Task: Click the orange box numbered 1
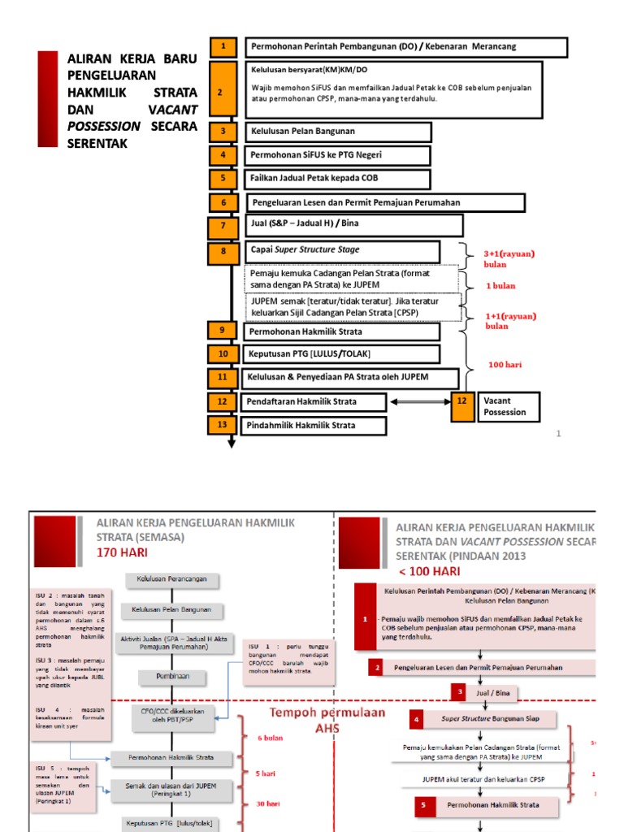(223, 46)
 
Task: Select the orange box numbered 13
(223, 425)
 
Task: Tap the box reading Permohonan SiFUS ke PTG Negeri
(337, 155)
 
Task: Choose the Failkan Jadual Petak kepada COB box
(337, 179)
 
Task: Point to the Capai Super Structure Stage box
(342, 251)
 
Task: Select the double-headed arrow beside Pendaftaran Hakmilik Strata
(419, 402)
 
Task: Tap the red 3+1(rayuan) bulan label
(509, 258)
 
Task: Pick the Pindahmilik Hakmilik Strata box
(310, 425)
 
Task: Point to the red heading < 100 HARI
(425, 571)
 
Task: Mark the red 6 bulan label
(270, 738)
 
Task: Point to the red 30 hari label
(268, 804)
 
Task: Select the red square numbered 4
(418, 720)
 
